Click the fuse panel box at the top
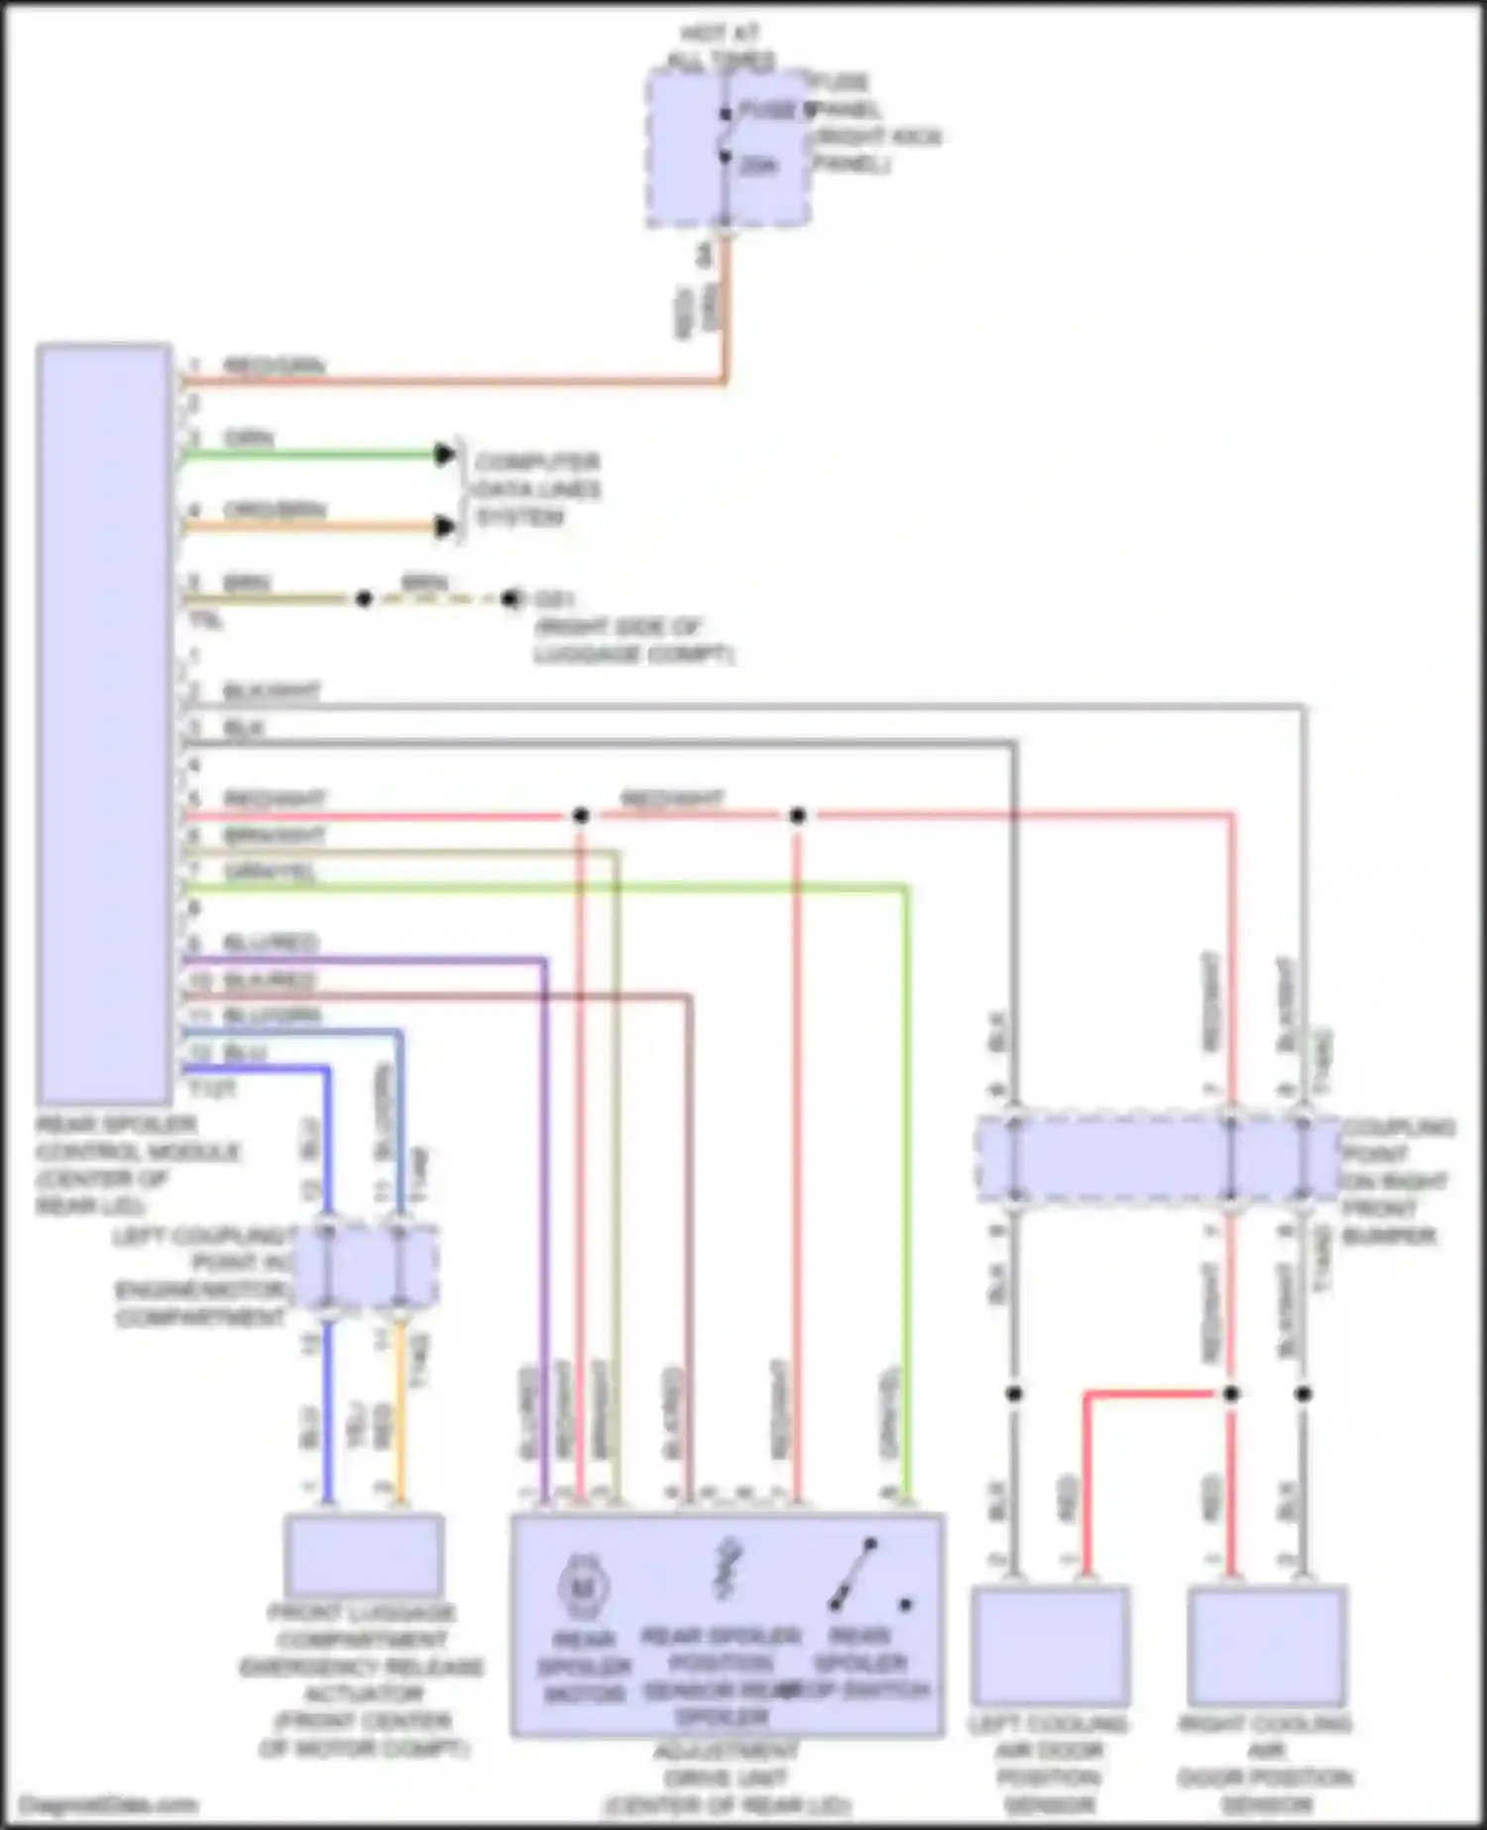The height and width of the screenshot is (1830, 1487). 728,149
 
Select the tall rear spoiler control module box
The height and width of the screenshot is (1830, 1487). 104,724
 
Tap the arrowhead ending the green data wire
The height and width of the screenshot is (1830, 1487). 445,455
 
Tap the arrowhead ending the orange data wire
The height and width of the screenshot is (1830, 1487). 445,527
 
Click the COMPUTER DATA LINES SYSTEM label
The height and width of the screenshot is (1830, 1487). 537,490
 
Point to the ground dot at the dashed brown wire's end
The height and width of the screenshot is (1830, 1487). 511,599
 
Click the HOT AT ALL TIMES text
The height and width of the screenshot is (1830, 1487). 722,47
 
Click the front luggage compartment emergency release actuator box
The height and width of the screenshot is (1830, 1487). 363,1555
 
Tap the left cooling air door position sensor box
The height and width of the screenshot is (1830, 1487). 1049,1647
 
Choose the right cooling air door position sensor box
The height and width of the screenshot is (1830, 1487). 1266,1647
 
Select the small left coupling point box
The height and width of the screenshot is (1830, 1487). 365,1266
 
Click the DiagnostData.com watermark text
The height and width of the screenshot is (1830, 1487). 108,1804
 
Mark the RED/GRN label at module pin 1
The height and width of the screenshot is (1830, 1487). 273,366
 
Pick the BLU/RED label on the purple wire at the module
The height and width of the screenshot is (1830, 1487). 270,943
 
